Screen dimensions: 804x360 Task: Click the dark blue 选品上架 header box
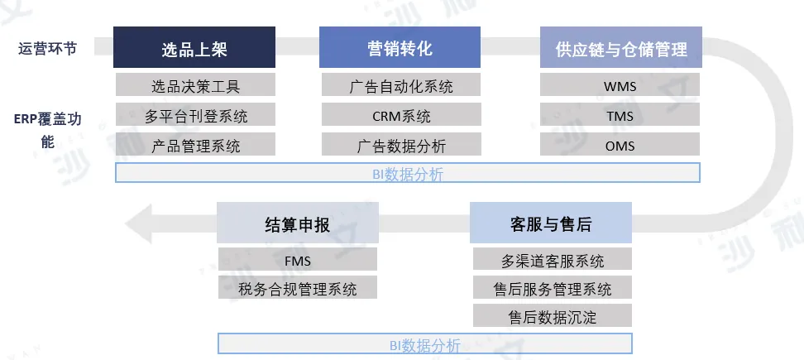[x=194, y=48]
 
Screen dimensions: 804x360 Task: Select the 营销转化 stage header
[x=400, y=48]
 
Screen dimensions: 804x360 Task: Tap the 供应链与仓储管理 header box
[x=620, y=48]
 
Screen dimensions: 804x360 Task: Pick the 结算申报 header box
[x=297, y=223]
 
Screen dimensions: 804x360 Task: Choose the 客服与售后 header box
[x=551, y=223]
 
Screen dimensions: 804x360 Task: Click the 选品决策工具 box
[x=195, y=85]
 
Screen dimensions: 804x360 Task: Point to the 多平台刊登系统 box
[x=195, y=115]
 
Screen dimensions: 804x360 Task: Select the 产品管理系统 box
[x=195, y=145]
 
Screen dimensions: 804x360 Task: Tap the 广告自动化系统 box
[x=400, y=85]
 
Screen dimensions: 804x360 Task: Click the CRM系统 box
[x=400, y=115]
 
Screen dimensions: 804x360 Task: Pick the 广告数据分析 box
[x=400, y=145]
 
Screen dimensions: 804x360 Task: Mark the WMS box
[x=620, y=85]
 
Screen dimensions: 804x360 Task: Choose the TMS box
[x=620, y=115]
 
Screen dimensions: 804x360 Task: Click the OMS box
[x=620, y=145]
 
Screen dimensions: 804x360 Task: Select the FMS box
[x=297, y=260]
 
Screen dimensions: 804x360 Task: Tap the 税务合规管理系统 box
[x=297, y=289]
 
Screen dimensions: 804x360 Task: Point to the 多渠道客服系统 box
[x=552, y=260]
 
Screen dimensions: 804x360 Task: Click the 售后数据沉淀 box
[x=552, y=316]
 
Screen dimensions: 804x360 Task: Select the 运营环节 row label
[x=47, y=48]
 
